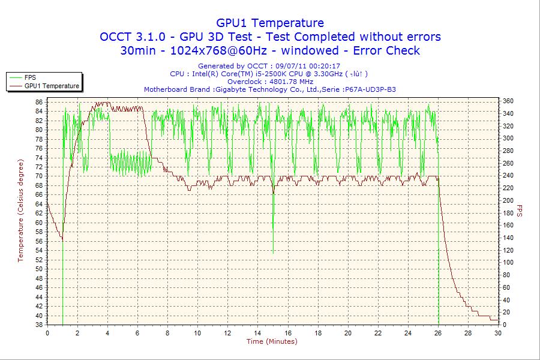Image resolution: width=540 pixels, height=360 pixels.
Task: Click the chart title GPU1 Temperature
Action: (270, 23)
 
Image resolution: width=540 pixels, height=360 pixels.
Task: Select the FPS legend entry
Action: (30, 77)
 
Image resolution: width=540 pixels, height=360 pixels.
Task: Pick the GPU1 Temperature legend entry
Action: (52, 86)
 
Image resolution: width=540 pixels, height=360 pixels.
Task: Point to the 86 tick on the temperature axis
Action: (38, 102)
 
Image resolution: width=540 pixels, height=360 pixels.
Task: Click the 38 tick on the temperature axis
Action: (38, 325)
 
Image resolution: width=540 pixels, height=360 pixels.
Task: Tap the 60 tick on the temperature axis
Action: (38, 223)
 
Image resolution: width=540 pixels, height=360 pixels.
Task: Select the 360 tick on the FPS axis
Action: (508, 101)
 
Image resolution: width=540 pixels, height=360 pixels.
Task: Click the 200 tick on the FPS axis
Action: (508, 200)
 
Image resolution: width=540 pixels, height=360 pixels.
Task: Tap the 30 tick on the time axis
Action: (497, 333)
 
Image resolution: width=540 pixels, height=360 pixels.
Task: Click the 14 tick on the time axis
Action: (257, 333)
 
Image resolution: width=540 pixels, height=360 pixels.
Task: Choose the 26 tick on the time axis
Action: (437, 333)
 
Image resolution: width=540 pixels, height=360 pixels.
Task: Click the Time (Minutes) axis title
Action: (272, 341)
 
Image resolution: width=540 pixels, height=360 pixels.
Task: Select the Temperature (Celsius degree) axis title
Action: (20, 211)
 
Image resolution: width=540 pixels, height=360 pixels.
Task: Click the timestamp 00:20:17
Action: (323, 66)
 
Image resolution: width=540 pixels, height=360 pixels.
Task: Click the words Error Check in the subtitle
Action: (386, 50)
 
